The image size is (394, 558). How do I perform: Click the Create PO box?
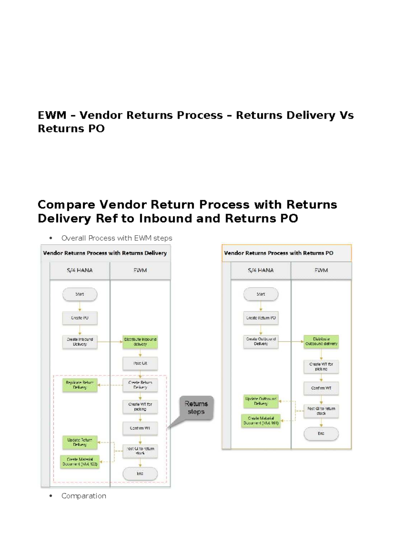(80, 318)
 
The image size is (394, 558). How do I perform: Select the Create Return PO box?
(261, 318)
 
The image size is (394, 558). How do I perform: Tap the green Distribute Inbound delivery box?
(140, 342)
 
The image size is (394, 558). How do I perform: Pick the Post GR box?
(140, 363)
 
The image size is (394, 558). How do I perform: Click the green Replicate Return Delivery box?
(80, 385)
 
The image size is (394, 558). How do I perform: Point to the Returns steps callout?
(196, 408)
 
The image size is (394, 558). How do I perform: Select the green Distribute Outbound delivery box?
(321, 342)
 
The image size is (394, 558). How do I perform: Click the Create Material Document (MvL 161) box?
(261, 420)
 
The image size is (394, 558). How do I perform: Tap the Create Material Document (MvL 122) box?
(80, 462)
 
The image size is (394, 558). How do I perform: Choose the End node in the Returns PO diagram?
(321, 434)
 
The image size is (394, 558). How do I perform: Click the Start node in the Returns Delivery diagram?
(80, 294)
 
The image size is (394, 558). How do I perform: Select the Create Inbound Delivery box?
(80, 342)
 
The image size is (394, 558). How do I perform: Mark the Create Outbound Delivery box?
(261, 342)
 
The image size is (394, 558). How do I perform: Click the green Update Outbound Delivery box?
(261, 401)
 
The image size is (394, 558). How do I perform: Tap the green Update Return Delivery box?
(80, 442)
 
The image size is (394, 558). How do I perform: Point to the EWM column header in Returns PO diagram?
(321, 270)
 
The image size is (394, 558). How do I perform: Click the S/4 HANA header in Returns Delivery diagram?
(80, 270)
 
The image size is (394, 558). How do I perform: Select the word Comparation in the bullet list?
(84, 496)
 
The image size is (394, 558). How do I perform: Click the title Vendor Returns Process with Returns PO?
(278, 253)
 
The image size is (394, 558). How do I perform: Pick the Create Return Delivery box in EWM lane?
(140, 385)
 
